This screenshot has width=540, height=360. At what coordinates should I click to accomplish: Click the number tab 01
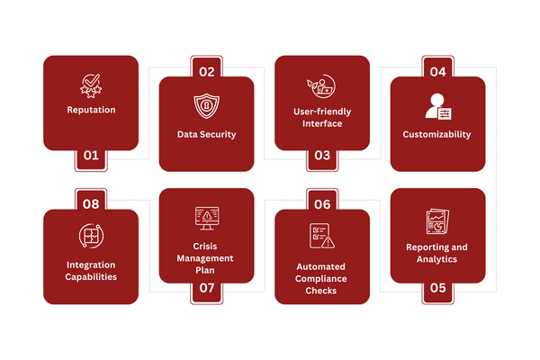[91, 155]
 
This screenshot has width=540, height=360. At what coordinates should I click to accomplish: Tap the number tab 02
[206, 71]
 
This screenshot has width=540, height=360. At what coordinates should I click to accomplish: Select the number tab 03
[321, 155]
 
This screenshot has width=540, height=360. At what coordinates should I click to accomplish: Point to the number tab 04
[437, 71]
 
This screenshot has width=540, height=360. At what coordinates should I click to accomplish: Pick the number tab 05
[437, 288]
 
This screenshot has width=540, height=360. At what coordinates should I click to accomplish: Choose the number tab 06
[321, 204]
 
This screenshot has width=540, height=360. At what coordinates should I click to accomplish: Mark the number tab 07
[206, 288]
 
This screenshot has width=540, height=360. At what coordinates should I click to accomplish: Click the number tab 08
[91, 204]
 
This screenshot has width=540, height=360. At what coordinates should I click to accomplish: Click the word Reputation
[91, 111]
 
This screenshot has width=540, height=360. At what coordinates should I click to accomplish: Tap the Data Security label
[206, 134]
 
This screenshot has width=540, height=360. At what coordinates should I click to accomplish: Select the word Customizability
[436, 134]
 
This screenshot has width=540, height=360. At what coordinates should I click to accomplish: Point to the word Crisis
[206, 246]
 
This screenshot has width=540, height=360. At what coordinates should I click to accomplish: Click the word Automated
[321, 266]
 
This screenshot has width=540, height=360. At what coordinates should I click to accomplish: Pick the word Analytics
[436, 258]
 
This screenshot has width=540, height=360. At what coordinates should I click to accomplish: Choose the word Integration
[91, 265]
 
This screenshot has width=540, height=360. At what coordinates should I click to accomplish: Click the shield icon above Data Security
[206, 105]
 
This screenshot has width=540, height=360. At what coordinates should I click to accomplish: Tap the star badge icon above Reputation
[91, 85]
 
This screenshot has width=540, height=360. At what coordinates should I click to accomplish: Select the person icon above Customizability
[436, 106]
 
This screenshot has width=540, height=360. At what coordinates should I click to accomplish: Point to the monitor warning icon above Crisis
[206, 219]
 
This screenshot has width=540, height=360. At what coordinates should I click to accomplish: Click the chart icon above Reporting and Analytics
[436, 221]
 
